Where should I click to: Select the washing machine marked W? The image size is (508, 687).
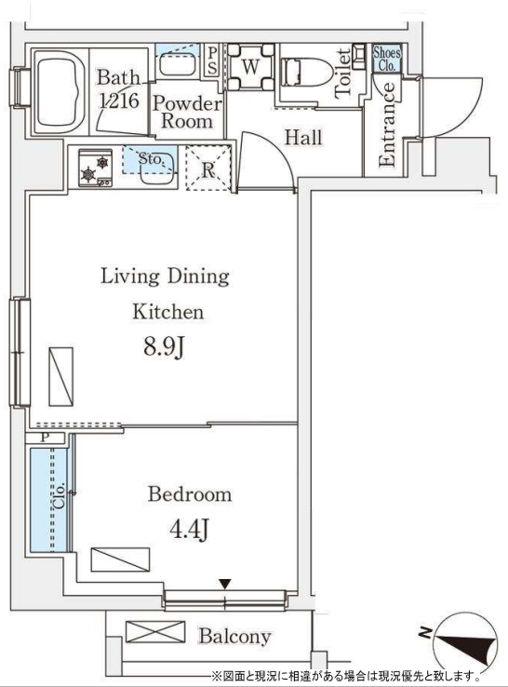(x=250, y=67)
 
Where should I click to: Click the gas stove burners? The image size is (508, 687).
(x=96, y=168)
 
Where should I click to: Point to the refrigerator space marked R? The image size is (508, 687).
(x=208, y=168)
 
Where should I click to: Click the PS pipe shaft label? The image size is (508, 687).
(x=212, y=61)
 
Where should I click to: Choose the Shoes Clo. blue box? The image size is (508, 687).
(x=387, y=59)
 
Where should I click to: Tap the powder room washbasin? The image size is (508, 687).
(x=180, y=64)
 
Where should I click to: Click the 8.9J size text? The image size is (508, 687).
(x=165, y=348)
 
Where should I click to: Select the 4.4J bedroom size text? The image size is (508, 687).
(x=189, y=531)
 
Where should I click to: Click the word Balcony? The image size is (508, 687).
(x=234, y=637)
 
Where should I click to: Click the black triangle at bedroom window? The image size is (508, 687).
(x=224, y=584)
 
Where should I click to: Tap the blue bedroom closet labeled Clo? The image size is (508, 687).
(x=49, y=500)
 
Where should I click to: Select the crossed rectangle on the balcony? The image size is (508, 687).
(x=155, y=632)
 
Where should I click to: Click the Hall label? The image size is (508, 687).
(x=303, y=138)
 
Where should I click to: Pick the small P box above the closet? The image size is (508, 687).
(x=45, y=438)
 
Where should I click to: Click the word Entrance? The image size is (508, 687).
(x=388, y=125)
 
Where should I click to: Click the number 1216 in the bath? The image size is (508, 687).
(x=119, y=101)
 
